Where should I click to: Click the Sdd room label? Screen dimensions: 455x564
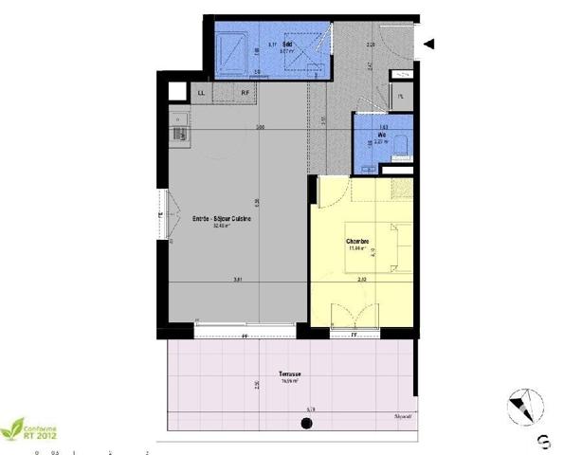pos(272,44)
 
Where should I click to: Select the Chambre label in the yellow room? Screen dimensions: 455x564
pos(356,241)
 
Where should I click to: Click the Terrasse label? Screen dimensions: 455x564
pos(290,374)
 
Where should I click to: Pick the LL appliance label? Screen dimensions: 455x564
pos(201,93)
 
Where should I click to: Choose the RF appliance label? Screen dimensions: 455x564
pos(245,93)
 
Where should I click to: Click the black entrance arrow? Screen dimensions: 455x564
pos(429,43)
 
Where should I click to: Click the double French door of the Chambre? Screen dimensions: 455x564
pos(355,317)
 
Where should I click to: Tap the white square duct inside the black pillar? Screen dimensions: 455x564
pos(175,92)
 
